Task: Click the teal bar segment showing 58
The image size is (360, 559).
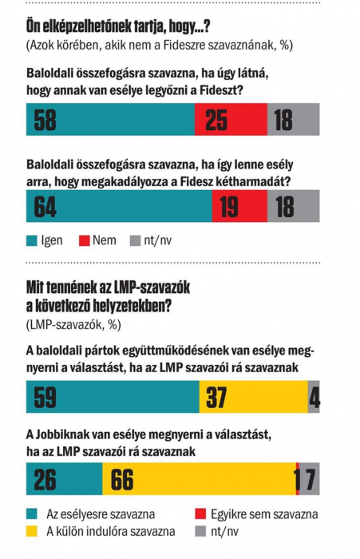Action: click(110, 119)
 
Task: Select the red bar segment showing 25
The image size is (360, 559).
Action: click(231, 119)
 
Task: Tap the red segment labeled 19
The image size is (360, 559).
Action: click(239, 206)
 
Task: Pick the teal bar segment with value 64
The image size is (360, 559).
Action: click(119, 206)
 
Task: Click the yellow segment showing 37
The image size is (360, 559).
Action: click(253, 397)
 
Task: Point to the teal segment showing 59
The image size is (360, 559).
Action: click(113, 397)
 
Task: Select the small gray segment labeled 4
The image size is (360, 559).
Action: click(314, 397)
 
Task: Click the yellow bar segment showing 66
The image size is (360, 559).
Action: click(200, 479)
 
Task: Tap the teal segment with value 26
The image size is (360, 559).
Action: click(65, 479)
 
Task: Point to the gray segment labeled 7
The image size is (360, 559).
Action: click(310, 479)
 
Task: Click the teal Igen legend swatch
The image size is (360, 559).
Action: click(32, 241)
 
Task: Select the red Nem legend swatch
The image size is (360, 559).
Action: click(84, 241)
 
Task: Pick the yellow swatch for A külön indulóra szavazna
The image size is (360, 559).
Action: click(32, 532)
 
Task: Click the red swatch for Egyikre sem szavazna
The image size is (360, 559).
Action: click(200, 514)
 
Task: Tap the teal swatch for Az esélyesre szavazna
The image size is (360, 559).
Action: click(32, 514)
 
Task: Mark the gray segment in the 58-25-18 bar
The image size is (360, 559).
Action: click(293, 119)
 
